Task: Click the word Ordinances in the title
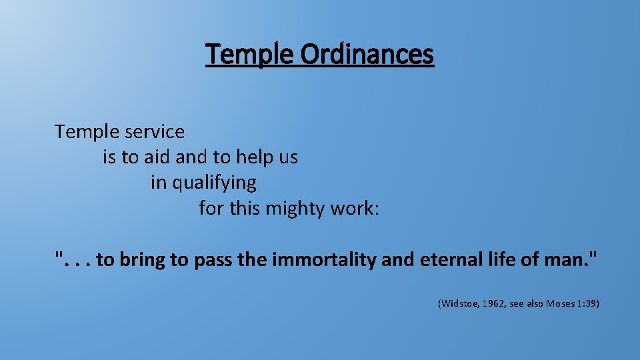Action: click(x=367, y=55)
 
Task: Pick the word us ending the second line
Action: click(x=288, y=158)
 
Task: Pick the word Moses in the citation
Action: click(x=561, y=304)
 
